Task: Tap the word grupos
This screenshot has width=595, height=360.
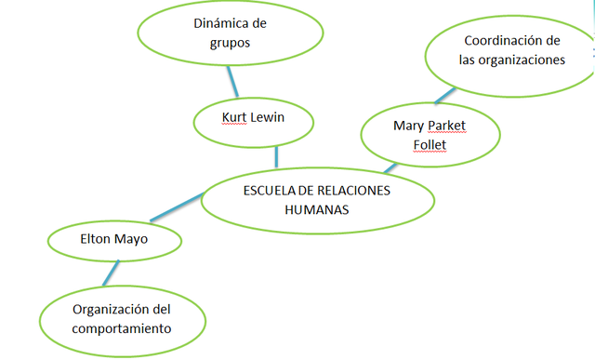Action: (x=230, y=42)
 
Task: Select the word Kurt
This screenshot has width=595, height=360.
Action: (x=234, y=118)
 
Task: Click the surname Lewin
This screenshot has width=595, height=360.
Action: (x=270, y=118)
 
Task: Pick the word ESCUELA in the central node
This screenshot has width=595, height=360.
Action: (x=269, y=191)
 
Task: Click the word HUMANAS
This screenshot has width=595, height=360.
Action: (x=317, y=209)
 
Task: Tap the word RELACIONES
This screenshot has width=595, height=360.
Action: (x=357, y=191)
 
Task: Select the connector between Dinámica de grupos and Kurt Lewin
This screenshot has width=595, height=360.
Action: (x=232, y=85)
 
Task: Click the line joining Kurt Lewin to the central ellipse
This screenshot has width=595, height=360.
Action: (x=276, y=155)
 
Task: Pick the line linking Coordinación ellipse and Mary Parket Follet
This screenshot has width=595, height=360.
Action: (x=445, y=96)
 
